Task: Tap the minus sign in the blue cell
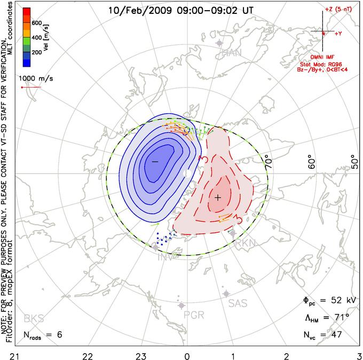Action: pyautogui.click(x=155, y=161)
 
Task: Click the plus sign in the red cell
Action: pyautogui.click(x=218, y=198)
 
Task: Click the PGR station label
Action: pyautogui.click(x=194, y=314)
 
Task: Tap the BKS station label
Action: pyautogui.click(x=34, y=319)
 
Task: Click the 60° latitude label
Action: pyautogui.click(x=314, y=162)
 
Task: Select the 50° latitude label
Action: pyautogui.click(x=354, y=162)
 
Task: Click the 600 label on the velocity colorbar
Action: pyautogui.click(x=36, y=23)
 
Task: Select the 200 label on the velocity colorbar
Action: pyautogui.click(x=36, y=53)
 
